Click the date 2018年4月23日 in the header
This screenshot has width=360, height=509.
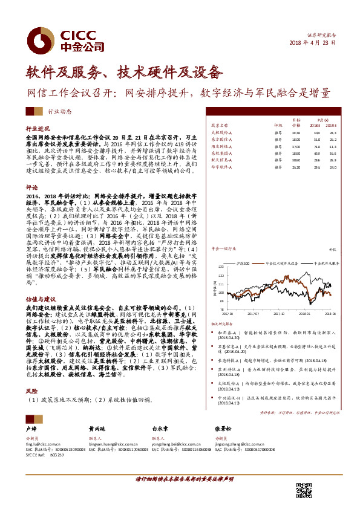[313, 44]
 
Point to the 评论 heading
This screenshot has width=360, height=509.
[31, 187]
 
